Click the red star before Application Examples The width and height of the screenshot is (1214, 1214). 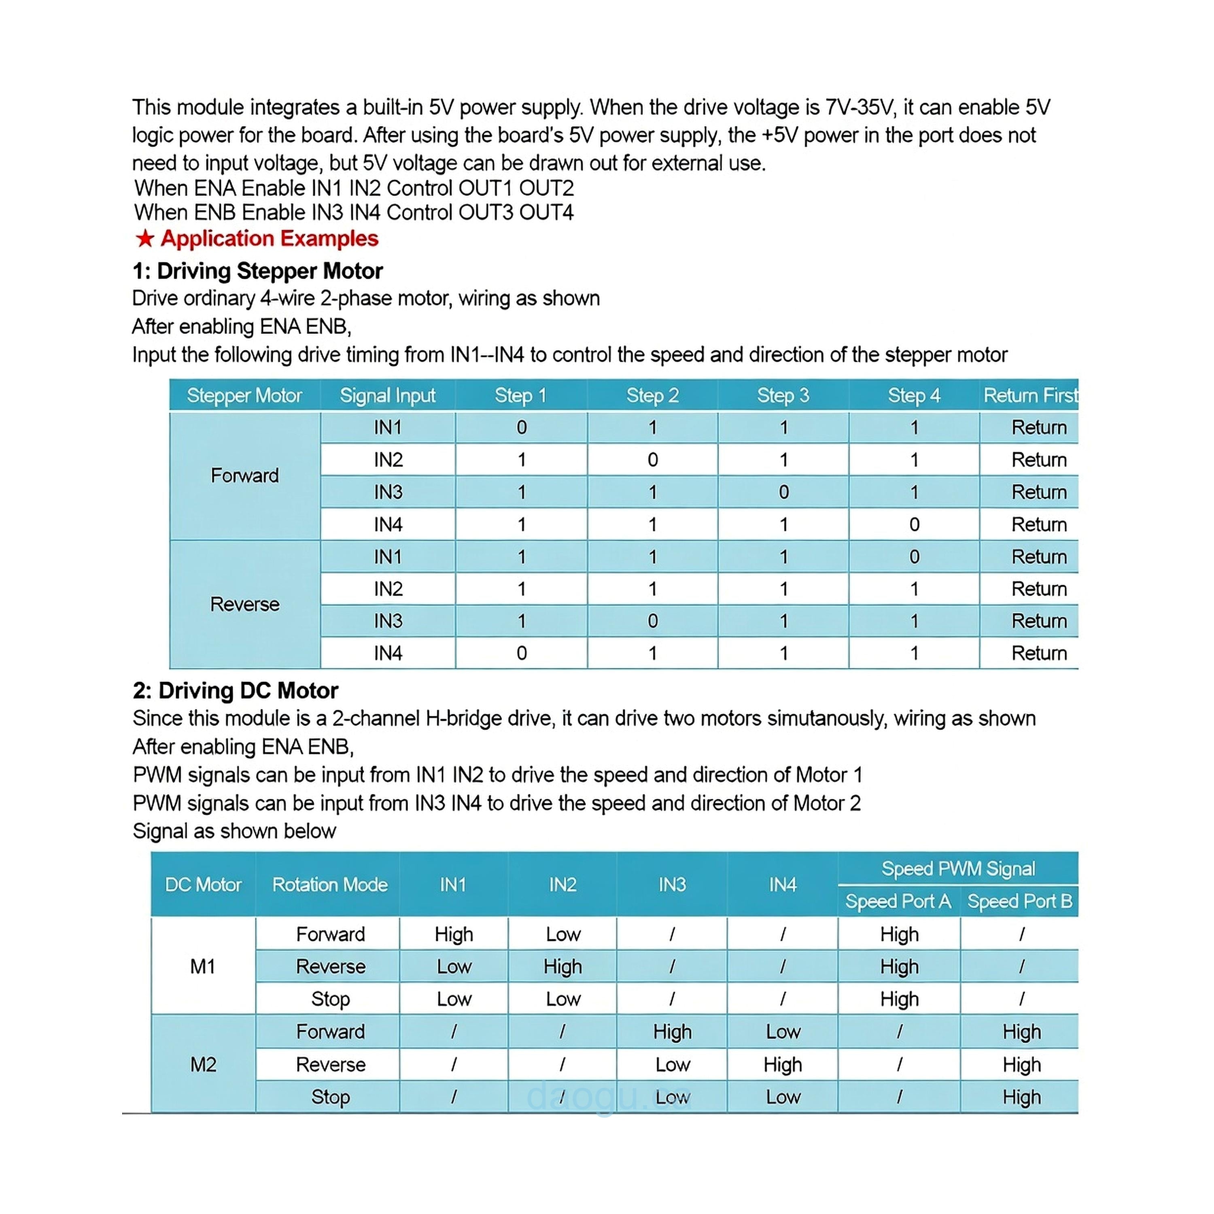point(145,239)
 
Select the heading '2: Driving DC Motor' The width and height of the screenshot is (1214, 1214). point(235,691)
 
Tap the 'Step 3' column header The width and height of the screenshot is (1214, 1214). point(783,395)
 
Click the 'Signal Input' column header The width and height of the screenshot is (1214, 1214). point(387,395)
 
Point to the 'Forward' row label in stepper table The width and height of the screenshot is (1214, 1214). point(244,475)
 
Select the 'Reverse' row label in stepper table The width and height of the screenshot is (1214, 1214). point(244,605)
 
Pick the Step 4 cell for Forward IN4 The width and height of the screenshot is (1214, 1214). point(914,525)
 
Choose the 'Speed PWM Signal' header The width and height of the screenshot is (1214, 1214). point(957,869)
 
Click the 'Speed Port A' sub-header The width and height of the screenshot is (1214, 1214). point(898,902)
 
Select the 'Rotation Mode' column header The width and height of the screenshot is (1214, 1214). point(329,885)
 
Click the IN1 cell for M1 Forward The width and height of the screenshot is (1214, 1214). point(454,934)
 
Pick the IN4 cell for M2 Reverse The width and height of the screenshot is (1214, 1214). point(782,1064)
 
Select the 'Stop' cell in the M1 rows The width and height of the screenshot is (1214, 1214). point(330,999)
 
